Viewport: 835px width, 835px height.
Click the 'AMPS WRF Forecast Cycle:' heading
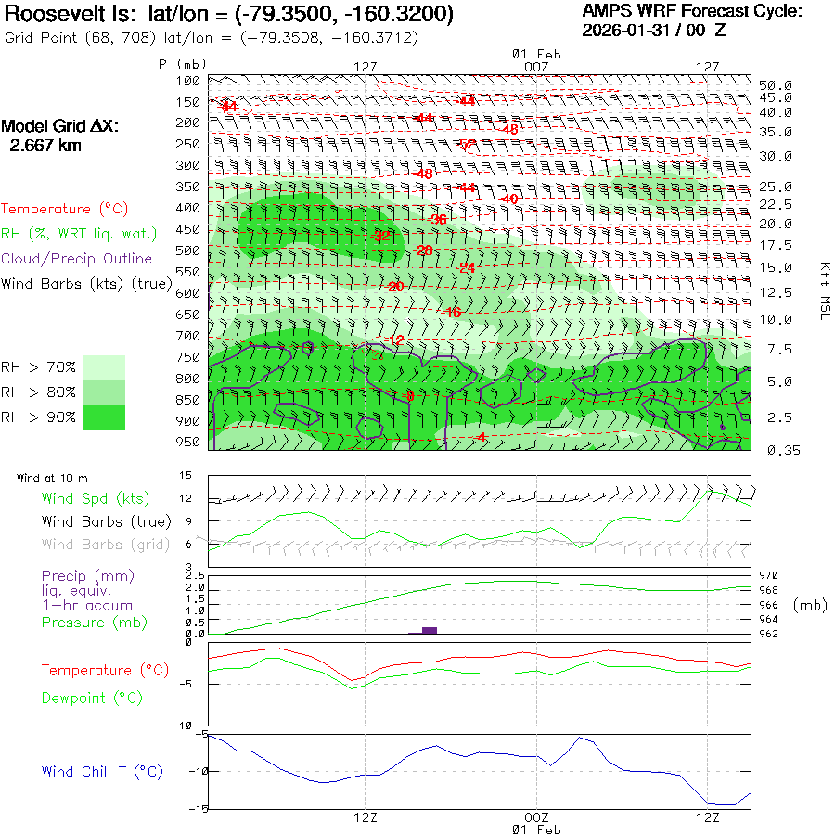click(x=691, y=11)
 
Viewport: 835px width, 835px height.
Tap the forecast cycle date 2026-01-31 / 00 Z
click(x=654, y=30)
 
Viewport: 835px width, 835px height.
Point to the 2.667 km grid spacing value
click(x=45, y=146)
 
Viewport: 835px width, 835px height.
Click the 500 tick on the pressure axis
click(x=188, y=250)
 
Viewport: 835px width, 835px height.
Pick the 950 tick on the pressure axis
click(x=188, y=442)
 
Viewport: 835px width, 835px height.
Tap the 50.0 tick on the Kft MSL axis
click(x=776, y=85)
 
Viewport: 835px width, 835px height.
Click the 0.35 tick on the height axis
click(x=776, y=450)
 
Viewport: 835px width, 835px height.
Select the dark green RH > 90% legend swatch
click(x=104, y=417)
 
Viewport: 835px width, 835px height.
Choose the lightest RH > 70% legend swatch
click(x=104, y=367)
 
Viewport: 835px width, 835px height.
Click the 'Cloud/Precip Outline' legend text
click(x=76, y=259)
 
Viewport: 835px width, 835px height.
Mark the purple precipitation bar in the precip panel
click(x=429, y=630)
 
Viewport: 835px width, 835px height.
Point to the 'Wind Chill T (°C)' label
click(x=102, y=771)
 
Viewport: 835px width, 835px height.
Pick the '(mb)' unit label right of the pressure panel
click(x=810, y=605)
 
